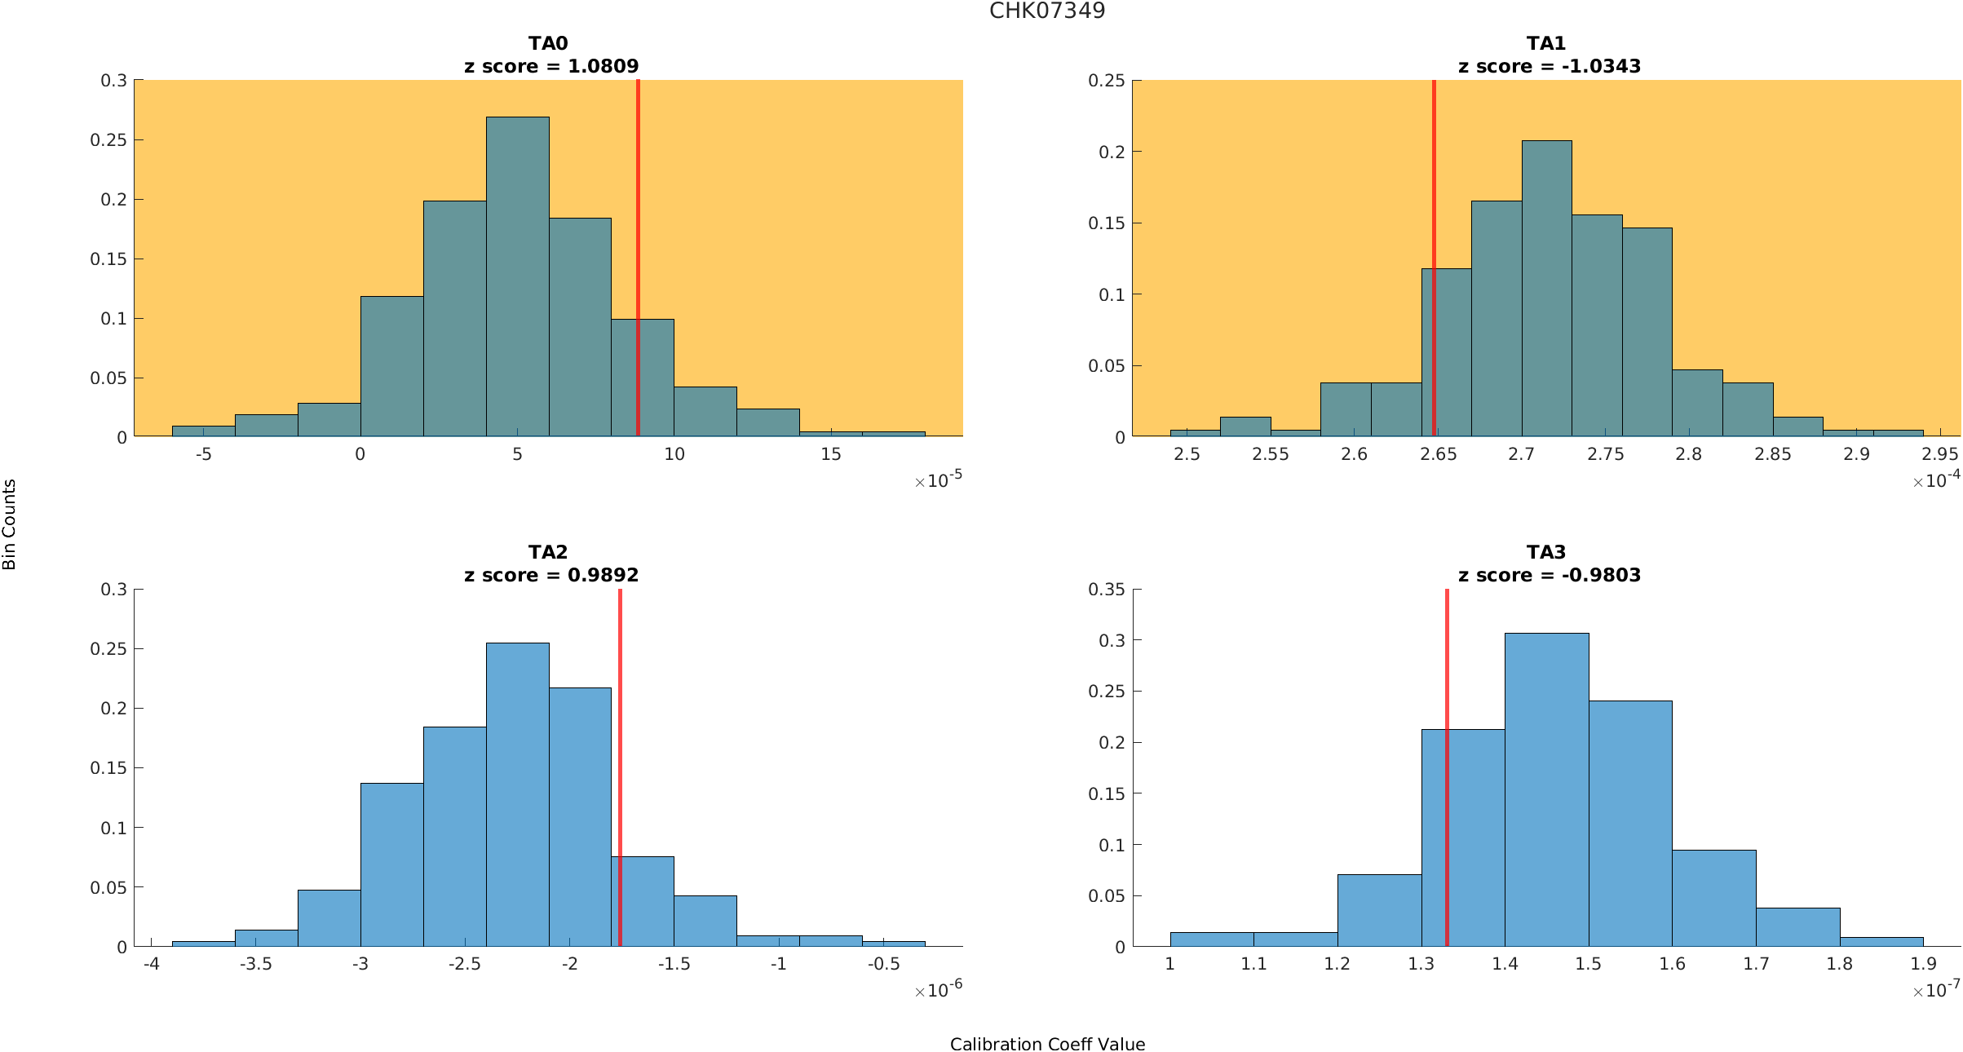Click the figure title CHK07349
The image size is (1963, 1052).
pos(1047,11)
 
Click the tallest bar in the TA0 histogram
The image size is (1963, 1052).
pos(517,277)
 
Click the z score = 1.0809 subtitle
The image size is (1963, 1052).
pos(551,66)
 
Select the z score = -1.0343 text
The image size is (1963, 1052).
pos(1549,66)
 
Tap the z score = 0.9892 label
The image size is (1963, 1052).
pos(551,575)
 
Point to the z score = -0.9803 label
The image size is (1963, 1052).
pos(1549,575)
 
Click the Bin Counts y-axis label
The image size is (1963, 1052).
pos(10,524)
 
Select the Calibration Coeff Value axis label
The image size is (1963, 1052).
pos(1047,1044)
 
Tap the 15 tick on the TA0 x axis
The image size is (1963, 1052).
pos(830,454)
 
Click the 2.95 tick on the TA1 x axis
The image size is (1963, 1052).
pos(1940,454)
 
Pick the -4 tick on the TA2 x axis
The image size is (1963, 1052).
pos(151,964)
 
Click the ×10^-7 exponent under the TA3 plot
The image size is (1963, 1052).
pos(1936,990)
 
